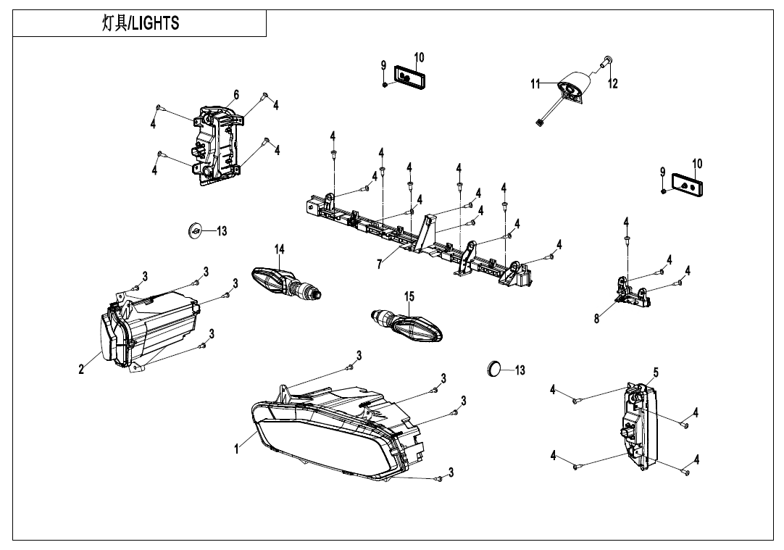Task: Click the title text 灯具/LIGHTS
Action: [x=140, y=23]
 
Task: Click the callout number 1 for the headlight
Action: [x=236, y=450]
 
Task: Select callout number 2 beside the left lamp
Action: [x=82, y=370]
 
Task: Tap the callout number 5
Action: [x=655, y=372]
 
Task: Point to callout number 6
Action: [x=236, y=95]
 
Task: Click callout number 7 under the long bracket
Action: [x=379, y=264]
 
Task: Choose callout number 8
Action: [x=597, y=319]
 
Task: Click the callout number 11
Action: [x=535, y=84]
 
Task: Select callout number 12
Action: [x=613, y=84]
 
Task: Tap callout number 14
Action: [x=280, y=249]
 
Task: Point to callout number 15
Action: [x=409, y=296]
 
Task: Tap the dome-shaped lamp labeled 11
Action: [x=577, y=88]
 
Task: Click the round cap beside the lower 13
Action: [x=493, y=369]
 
